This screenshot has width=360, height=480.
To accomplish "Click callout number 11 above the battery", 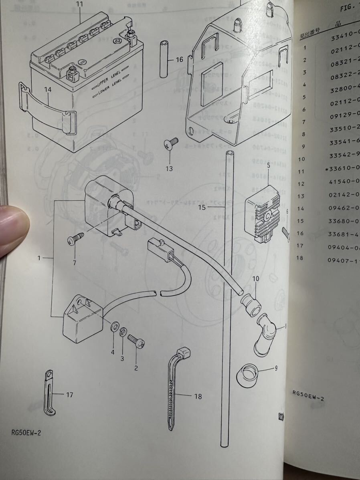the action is coord(79,5).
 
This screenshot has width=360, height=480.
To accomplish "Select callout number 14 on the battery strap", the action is coord(48,90).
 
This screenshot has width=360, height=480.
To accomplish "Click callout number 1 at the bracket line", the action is coord(39,258).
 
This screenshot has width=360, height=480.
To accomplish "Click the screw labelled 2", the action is coord(136,341).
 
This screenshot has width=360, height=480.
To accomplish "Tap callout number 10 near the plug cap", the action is coord(256,278).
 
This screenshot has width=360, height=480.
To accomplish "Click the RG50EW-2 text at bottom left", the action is coord(26,433).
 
